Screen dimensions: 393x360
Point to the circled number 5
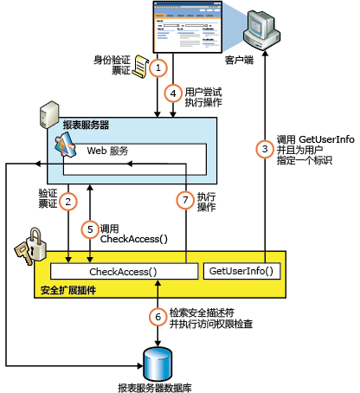(x=89, y=229)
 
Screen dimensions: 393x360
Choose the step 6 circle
(x=157, y=316)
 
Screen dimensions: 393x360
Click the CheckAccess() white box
(x=125, y=272)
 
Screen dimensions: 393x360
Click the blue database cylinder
(x=157, y=358)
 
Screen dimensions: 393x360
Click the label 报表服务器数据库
(x=157, y=385)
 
